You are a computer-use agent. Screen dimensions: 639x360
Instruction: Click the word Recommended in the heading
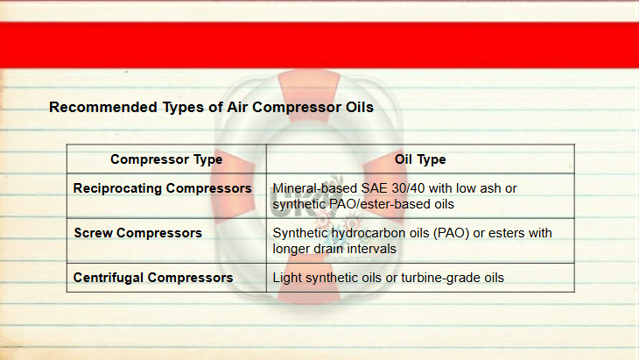[x=103, y=107]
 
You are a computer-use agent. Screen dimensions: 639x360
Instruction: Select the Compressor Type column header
[x=166, y=159]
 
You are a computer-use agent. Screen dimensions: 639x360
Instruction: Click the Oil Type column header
[x=420, y=159]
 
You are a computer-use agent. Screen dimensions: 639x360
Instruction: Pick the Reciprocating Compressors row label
[x=162, y=188]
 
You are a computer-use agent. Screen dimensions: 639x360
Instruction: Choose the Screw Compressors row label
[x=137, y=233]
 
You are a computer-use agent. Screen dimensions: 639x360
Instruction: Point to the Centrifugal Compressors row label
[x=153, y=278]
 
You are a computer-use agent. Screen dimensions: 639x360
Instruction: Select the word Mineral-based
[x=315, y=188]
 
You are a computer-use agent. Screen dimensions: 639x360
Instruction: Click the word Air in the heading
[x=237, y=107]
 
